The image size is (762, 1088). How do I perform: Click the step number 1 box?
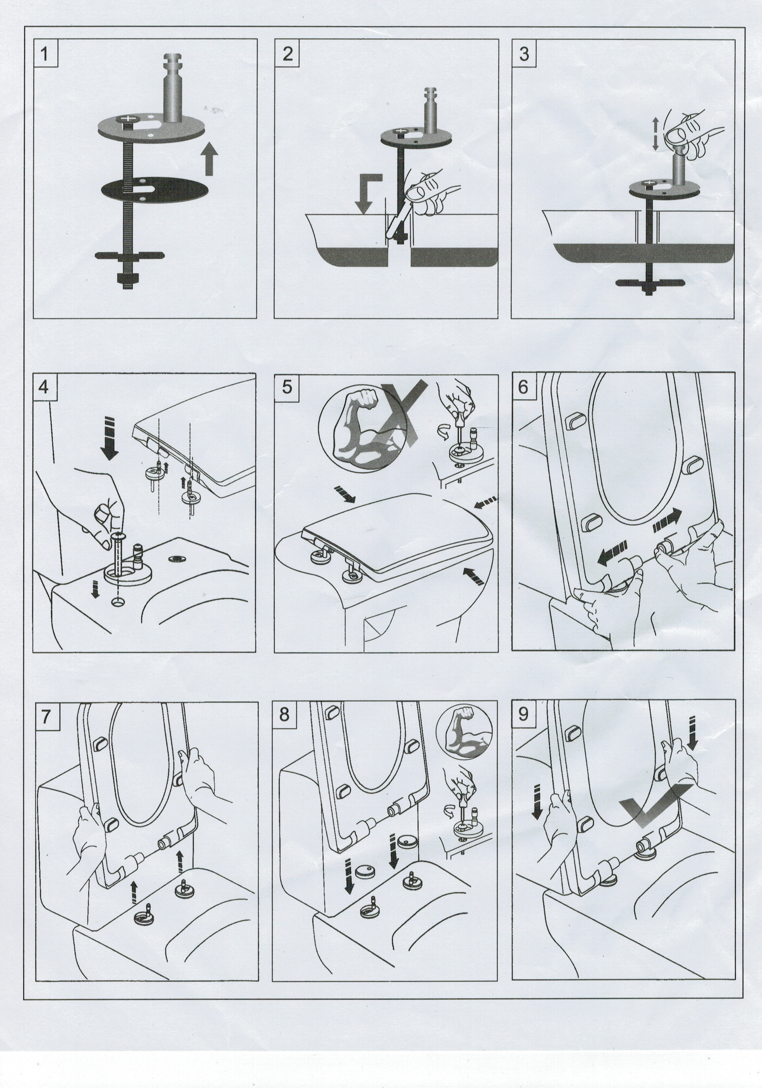(x=45, y=53)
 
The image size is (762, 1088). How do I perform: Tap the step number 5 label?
(x=287, y=387)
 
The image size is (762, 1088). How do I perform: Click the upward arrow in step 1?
(x=208, y=160)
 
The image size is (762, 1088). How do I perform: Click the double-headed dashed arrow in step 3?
(x=656, y=134)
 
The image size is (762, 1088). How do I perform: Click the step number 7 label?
(x=46, y=715)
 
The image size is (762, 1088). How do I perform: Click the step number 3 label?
(x=524, y=53)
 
